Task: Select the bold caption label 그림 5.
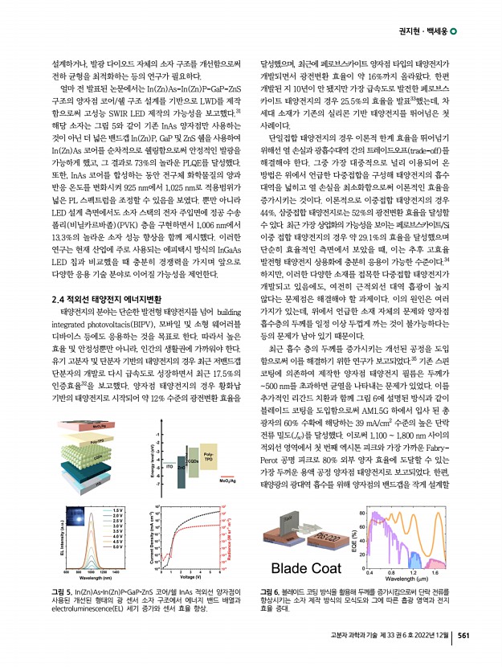(x=62, y=592)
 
